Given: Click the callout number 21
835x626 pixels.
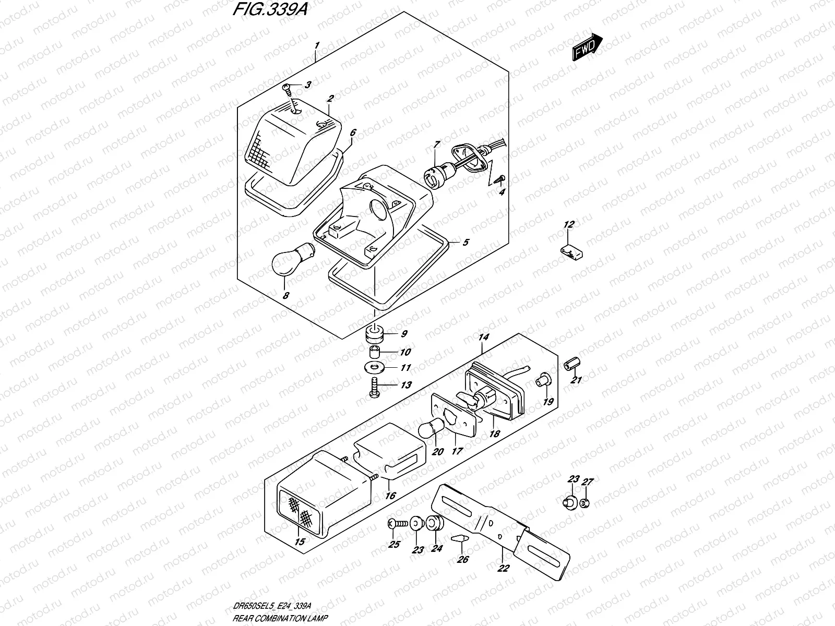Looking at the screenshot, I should (x=576, y=380).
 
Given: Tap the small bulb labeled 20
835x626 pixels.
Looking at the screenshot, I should (x=431, y=430).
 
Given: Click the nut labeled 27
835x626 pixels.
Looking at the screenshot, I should (x=585, y=503).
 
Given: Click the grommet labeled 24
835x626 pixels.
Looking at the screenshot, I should (x=435, y=523).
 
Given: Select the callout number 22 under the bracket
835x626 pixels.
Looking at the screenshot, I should (x=503, y=569).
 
